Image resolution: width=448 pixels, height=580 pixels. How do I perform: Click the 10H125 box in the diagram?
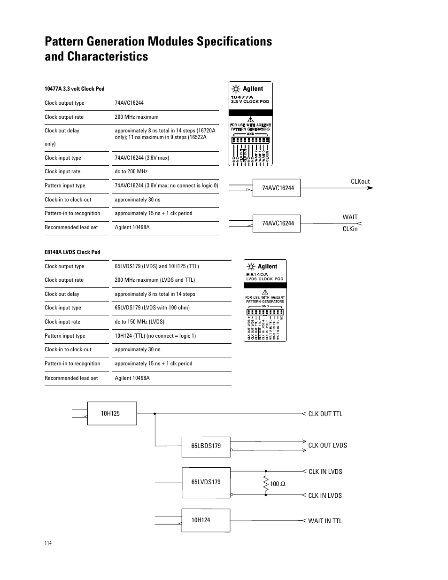click(x=112, y=413)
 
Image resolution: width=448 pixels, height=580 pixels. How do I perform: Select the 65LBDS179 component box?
click(x=206, y=446)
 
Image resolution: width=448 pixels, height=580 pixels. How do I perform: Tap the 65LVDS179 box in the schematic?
click(x=206, y=482)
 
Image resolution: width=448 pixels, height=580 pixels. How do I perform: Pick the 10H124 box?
click(x=206, y=520)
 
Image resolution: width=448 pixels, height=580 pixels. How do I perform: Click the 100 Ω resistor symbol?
click(x=266, y=483)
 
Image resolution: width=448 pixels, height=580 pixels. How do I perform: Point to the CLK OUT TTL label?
click(x=325, y=414)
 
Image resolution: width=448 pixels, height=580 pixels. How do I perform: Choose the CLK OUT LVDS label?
click(x=327, y=445)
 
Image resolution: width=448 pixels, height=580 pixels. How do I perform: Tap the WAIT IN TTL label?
click(x=325, y=521)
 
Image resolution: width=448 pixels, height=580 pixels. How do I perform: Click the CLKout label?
click(x=360, y=181)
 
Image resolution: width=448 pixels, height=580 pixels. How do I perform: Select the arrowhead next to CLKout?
click(x=370, y=188)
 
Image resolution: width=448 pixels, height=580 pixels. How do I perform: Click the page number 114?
click(x=48, y=543)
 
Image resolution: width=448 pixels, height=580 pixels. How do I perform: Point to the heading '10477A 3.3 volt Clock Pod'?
click(x=74, y=89)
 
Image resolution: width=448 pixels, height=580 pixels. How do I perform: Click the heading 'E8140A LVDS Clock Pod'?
click(x=72, y=252)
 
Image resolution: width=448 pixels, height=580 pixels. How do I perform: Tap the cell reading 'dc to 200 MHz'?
click(x=131, y=171)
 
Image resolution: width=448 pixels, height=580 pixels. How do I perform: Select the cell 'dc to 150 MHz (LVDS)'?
click(x=139, y=322)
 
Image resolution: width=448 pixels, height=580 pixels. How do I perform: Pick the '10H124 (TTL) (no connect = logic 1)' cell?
click(x=155, y=336)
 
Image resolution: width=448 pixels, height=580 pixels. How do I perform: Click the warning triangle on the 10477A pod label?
click(x=250, y=119)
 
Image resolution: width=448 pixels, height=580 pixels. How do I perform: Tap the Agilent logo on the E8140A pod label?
click(x=263, y=266)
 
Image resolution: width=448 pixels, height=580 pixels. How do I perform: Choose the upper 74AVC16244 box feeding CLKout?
click(x=278, y=188)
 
